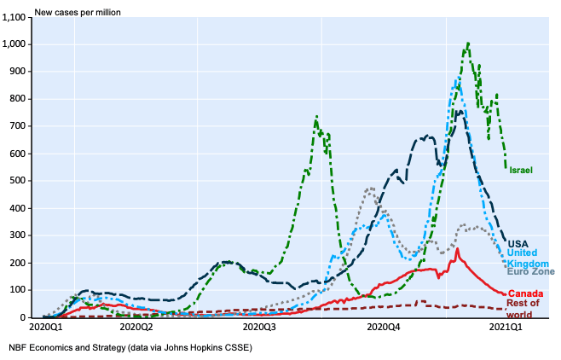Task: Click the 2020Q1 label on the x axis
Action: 49,328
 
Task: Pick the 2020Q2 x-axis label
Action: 136,328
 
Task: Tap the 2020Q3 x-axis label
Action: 260,328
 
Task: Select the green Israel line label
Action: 521,171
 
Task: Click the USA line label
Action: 518,243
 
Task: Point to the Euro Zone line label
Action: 530,272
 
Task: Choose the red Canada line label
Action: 526,293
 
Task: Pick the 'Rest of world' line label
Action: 523,309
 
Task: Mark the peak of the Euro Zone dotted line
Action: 370,189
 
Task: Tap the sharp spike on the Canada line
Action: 458,249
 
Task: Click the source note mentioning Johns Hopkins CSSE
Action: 130,347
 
